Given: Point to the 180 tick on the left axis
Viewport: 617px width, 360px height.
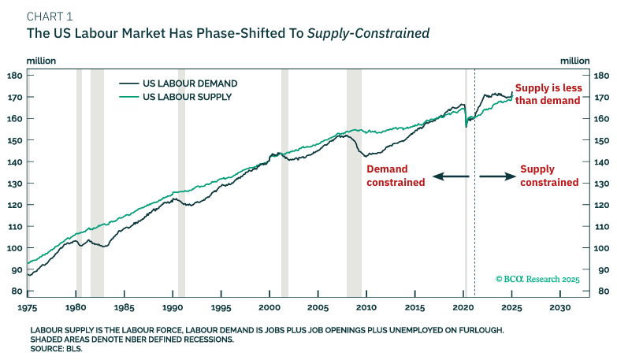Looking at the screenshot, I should [13, 76].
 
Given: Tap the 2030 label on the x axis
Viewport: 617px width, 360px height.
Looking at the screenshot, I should [559, 307].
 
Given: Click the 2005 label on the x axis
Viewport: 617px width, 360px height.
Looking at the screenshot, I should [318, 307].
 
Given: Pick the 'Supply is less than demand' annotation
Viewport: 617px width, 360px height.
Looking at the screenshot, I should [547, 95].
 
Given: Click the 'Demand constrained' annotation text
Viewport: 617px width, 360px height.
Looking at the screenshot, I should [396, 176].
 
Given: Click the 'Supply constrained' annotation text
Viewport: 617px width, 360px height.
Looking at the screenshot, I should [549, 176].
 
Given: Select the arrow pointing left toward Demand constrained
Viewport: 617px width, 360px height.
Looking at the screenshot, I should [449, 177].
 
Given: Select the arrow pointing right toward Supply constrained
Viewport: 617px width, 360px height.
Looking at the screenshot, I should [496, 177].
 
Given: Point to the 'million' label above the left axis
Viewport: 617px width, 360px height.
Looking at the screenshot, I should [41, 60].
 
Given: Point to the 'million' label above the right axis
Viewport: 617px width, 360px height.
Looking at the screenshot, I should [574, 60].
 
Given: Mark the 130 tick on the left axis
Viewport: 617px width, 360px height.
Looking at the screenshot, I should [13, 184].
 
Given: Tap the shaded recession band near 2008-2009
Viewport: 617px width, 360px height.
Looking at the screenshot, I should [354, 181].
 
